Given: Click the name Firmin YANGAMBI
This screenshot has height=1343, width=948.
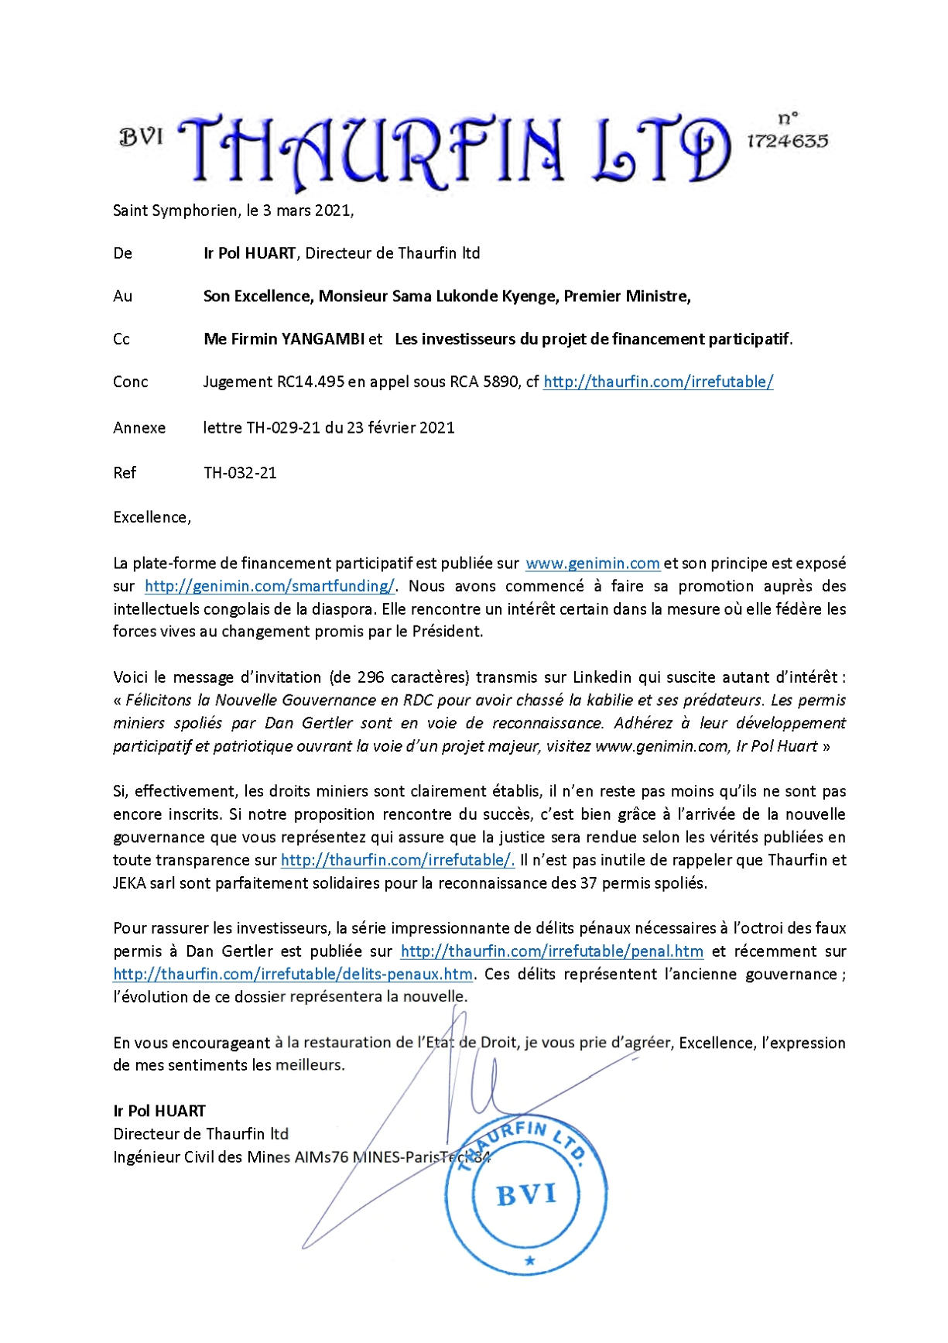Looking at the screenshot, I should [293, 338].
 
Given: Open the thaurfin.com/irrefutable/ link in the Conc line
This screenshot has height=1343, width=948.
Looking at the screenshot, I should [658, 382].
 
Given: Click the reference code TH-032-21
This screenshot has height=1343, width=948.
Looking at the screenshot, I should [240, 472].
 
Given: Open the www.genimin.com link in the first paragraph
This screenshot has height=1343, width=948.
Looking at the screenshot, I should [592, 563].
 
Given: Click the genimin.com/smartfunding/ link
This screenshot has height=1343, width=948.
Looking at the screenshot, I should [270, 585].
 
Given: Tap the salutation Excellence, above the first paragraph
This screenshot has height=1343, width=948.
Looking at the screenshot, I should [152, 517].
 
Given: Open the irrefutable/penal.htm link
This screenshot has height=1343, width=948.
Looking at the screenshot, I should [551, 951].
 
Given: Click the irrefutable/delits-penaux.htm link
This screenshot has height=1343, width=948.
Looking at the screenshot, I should [293, 974].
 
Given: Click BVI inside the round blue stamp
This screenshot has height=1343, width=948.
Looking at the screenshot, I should [526, 1194].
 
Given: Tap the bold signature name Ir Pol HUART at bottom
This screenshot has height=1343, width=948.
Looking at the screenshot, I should [159, 1111].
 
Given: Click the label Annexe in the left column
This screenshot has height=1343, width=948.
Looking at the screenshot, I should [139, 427].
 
